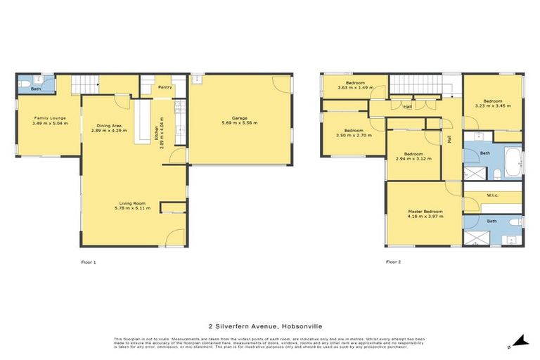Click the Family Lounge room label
click(x=47, y=118)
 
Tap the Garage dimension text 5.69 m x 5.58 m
click(x=240, y=123)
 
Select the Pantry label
click(x=165, y=87)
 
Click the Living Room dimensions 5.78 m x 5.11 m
click(x=133, y=208)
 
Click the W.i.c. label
click(x=491, y=195)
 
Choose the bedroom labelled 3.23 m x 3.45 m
click(x=492, y=105)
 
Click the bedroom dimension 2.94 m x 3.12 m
click(x=413, y=159)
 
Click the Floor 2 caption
click(x=394, y=262)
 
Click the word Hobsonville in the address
click(x=306, y=326)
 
